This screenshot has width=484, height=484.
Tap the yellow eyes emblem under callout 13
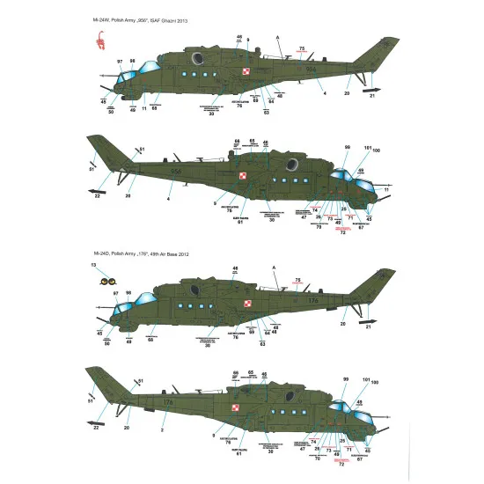pos(111,282)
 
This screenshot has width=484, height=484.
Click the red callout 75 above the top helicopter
pos(301,48)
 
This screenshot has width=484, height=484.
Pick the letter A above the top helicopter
pos(276,36)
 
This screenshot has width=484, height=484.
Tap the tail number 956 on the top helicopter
pos(312,68)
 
